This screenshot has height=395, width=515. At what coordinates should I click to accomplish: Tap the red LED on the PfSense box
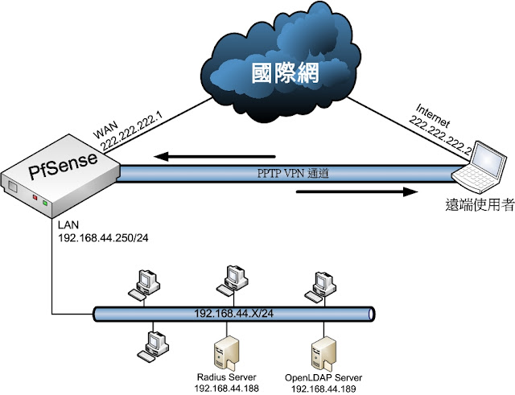[x=35, y=197]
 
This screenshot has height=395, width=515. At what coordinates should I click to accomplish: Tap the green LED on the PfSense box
[x=45, y=204]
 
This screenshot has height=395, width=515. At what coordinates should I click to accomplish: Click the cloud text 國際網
[x=285, y=73]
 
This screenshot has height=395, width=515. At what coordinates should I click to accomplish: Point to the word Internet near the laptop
[x=433, y=115]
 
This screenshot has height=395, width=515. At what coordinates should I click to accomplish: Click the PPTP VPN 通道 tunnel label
[x=293, y=173]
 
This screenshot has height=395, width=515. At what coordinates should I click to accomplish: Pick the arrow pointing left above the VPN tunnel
[x=215, y=156]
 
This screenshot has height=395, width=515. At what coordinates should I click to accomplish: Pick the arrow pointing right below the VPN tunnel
[x=357, y=191]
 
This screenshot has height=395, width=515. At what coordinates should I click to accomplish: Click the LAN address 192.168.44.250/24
[x=103, y=237]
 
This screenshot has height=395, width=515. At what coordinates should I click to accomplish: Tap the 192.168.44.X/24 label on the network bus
[x=234, y=314]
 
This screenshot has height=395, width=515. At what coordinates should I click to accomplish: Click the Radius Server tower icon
[x=226, y=352]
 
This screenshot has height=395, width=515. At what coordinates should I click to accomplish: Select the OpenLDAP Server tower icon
[x=323, y=352]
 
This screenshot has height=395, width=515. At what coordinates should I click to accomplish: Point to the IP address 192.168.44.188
[x=227, y=389]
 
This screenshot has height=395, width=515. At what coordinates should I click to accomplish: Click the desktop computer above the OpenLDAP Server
[x=320, y=286]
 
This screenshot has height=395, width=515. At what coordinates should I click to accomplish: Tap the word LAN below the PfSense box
[x=68, y=225]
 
